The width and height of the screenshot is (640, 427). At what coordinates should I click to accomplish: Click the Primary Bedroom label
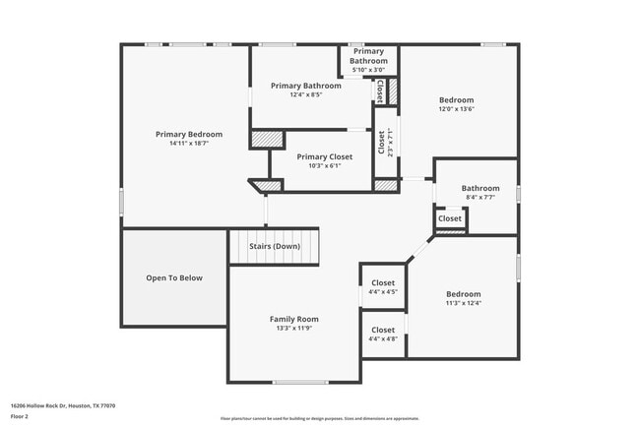188,134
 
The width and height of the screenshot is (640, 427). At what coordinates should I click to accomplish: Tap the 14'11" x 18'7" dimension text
188,144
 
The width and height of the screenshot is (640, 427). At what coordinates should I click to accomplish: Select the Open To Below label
174,278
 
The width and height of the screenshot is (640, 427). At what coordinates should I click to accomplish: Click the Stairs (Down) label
275,246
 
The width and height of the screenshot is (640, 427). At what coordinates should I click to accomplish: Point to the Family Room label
293,319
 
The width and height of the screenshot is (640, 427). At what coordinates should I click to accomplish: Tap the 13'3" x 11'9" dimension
293,329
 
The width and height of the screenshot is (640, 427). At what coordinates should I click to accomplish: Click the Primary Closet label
324,156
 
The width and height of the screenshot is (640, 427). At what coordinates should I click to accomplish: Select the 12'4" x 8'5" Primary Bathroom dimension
306,95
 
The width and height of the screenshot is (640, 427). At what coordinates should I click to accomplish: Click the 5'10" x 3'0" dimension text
369,70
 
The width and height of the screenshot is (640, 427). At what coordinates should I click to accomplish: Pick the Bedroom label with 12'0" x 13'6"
456,100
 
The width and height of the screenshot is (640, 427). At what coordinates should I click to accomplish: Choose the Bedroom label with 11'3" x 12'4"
463,294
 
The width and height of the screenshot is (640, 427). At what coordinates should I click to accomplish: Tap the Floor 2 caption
21,416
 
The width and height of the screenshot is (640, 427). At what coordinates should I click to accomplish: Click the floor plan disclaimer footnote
318,418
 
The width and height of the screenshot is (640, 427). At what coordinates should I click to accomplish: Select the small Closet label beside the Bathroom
449,219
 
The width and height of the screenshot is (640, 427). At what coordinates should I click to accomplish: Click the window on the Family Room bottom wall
300,382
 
